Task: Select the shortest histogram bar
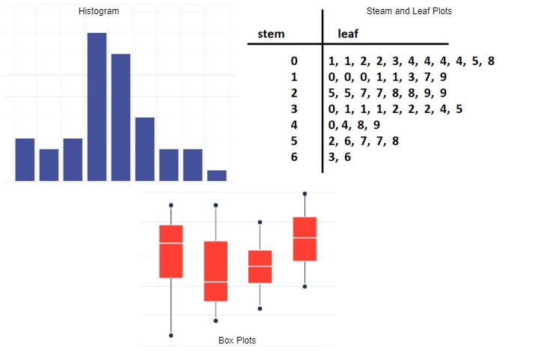click(216, 175)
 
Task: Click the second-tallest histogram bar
click(120, 117)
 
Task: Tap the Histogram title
click(98, 11)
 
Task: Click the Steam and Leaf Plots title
click(409, 11)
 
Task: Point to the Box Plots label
click(236, 341)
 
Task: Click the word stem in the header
click(271, 34)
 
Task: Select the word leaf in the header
click(349, 34)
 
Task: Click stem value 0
click(294, 61)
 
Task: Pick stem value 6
click(294, 156)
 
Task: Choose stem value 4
click(294, 125)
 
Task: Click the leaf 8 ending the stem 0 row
click(491, 61)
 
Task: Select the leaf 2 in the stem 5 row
click(331, 141)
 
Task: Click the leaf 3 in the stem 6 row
click(331, 156)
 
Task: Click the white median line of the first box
click(171, 243)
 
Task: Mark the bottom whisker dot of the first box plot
click(171, 335)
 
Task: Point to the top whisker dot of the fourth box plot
click(305, 194)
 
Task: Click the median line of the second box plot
click(216, 281)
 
